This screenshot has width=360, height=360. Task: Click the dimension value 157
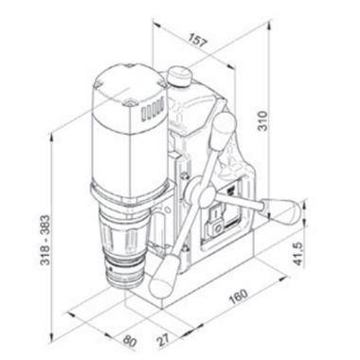point(197,41)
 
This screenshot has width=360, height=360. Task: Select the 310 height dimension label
point(262,121)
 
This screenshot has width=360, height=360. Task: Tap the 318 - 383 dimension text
point(45,240)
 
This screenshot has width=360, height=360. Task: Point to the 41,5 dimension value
point(298,254)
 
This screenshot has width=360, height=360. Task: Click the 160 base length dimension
point(239,297)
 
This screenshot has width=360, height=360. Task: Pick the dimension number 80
point(130,340)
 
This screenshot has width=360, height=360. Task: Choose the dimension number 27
point(163,338)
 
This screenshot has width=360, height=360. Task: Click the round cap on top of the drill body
point(179,77)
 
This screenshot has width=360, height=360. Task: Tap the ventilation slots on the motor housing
point(152,111)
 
